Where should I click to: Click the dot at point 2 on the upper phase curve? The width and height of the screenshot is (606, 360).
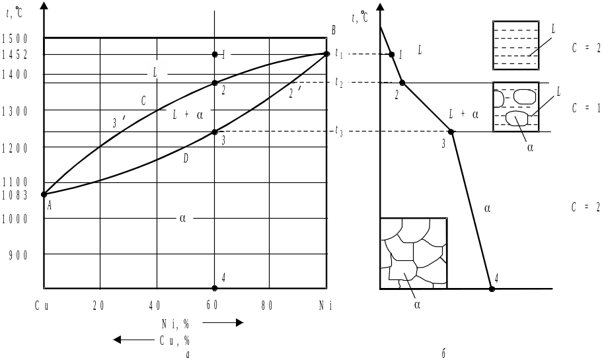point(215,83)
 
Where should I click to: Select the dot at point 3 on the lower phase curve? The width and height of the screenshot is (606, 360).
point(215,131)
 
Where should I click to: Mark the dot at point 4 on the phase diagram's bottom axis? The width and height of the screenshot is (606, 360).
point(215,289)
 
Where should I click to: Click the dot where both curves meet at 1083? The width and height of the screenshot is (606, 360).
point(44,194)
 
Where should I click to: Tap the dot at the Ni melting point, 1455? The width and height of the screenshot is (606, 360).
point(327,54)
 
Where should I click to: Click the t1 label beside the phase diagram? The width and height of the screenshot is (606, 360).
point(338,54)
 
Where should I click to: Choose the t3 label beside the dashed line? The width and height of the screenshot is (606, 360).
point(339,132)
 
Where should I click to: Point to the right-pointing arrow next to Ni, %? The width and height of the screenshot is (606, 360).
point(223,323)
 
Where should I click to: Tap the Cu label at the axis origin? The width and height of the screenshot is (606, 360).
point(44,306)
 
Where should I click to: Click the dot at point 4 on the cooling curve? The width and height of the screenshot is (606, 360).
point(491,289)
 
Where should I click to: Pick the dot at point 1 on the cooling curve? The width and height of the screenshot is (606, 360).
point(392,54)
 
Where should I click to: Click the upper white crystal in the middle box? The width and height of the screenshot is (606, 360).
point(524,96)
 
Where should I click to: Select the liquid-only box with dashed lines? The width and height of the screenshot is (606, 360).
point(515,45)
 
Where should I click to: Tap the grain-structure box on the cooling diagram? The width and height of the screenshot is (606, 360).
point(414,252)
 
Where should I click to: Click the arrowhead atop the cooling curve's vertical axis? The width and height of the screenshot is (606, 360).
point(380,7)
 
